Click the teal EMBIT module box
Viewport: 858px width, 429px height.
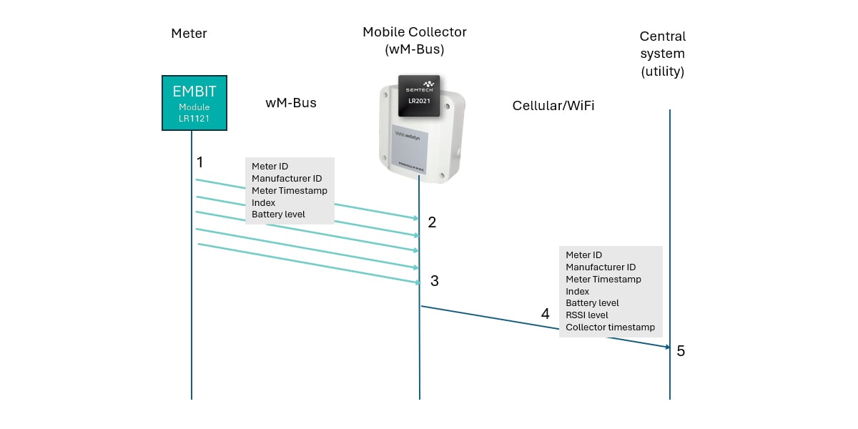[194, 102]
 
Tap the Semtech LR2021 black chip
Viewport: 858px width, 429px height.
[419, 95]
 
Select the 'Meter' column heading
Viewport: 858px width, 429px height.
[189, 33]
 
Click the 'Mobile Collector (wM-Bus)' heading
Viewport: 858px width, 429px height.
[415, 40]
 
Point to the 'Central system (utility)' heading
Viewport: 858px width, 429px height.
[662, 54]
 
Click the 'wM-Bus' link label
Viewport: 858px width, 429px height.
[291, 103]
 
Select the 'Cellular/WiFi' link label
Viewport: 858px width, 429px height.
[553, 106]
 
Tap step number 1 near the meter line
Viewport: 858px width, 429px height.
[200, 162]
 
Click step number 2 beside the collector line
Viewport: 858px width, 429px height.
[432, 222]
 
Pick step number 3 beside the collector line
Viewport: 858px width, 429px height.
[434, 281]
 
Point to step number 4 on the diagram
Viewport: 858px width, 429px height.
[546, 314]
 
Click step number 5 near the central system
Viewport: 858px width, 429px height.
[681, 351]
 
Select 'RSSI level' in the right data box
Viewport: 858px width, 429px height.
[587, 315]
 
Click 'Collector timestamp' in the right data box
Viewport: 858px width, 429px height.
[610, 327]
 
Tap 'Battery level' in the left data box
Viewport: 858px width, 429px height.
[278, 214]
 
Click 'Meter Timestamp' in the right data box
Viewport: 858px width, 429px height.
[603, 280]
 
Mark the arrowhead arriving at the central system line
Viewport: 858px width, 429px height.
[666, 347]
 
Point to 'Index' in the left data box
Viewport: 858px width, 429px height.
[263, 202]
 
